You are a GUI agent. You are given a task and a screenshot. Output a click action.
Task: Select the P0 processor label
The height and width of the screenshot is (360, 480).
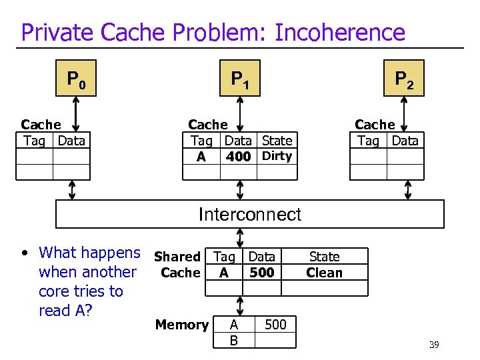click(77, 81)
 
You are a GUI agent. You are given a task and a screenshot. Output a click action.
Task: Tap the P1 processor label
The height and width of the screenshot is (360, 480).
click(240, 81)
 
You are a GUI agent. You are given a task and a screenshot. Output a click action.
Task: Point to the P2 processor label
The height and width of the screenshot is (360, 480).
click(404, 81)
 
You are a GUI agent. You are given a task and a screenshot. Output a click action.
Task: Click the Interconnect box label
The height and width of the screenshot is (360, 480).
click(250, 214)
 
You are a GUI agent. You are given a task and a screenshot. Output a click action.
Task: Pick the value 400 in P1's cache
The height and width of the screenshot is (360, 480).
click(238, 157)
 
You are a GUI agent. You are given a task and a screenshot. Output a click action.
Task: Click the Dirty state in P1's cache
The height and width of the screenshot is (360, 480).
click(277, 156)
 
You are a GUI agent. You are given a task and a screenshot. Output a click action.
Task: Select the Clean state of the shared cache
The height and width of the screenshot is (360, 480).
click(324, 273)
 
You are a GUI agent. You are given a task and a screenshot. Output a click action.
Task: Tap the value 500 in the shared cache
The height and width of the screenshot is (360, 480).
click(261, 273)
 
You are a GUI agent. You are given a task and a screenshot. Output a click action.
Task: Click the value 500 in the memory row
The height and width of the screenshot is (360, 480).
click(275, 325)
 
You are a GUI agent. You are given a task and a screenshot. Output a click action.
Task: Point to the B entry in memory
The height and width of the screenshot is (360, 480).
click(233, 341)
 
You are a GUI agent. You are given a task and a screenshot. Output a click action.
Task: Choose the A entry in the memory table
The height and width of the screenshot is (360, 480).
click(233, 325)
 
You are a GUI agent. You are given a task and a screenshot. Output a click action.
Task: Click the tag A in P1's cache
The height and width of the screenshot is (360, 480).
click(201, 157)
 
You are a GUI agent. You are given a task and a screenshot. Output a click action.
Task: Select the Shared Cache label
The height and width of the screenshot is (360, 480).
click(178, 265)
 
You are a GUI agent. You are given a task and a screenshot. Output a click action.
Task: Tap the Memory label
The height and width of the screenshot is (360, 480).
click(181, 325)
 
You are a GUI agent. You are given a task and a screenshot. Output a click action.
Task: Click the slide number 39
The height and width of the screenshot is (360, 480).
click(434, 344)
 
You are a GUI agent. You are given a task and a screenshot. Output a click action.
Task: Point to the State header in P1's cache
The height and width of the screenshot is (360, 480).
click(277, 141)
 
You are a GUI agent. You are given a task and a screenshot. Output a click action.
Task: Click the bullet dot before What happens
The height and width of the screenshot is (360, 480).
click(25, 253)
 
